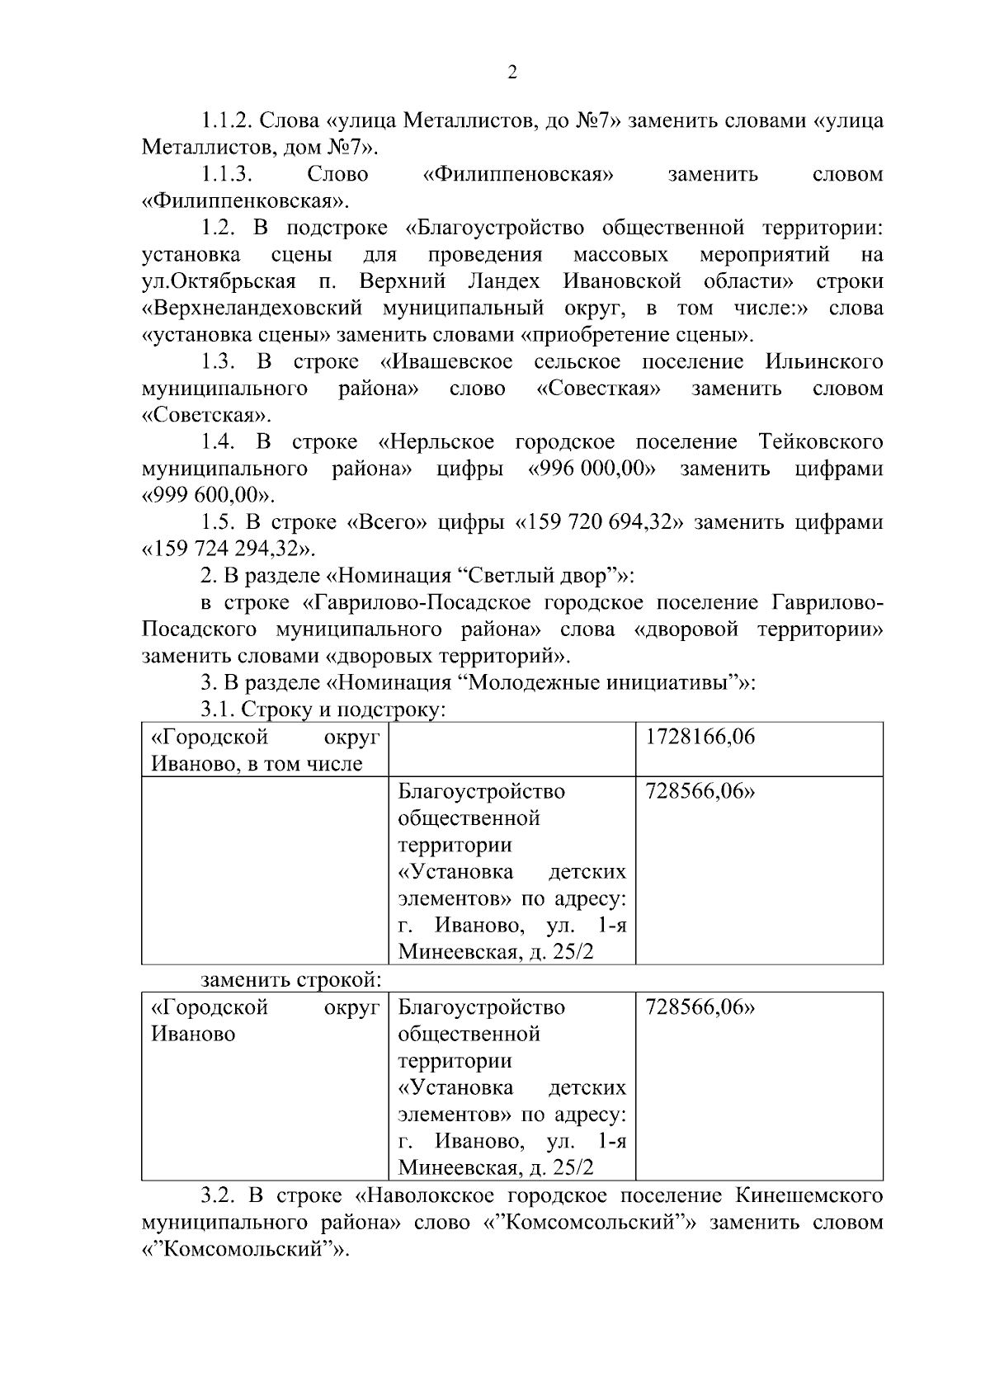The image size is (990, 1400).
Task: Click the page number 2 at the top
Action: (511, 73)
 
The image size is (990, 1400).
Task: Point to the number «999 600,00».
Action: (208, 496)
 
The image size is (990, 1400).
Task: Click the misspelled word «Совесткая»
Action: (598, 389)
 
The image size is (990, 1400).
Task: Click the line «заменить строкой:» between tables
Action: (291, 980)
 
